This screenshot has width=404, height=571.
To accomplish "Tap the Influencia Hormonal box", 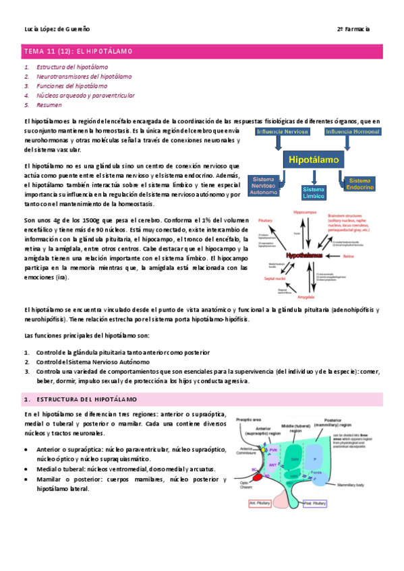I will pos(352,131).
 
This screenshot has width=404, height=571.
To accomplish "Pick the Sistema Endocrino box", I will pos(359,183).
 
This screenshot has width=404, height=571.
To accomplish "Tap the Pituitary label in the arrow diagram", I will pos(265,220).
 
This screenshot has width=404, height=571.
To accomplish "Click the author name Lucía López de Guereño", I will pos(57,30).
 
